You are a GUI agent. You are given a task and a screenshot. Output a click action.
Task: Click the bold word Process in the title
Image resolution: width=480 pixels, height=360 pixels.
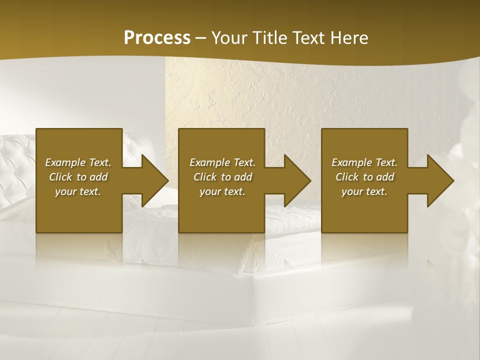tap(157, 38)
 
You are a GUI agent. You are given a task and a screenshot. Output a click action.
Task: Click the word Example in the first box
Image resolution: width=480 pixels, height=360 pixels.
tap(65, 162)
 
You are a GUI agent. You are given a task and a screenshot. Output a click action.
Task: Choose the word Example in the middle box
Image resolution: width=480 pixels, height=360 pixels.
tap(209, 162)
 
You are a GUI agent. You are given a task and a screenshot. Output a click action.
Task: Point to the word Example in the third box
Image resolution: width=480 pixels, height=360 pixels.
tap(351, 162)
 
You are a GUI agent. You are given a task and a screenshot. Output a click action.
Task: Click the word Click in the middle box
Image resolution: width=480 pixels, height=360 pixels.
tap(205, 177)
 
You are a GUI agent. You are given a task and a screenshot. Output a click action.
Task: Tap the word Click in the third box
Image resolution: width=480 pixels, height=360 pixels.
tap(347, 177)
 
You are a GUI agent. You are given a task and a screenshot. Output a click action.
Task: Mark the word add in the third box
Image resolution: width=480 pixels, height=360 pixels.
tap(385, 177)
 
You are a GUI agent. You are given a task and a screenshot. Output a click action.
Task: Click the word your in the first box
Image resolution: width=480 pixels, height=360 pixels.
tap(65, 192)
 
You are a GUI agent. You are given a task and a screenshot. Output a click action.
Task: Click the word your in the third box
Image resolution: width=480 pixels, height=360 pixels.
tap(351, 192)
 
